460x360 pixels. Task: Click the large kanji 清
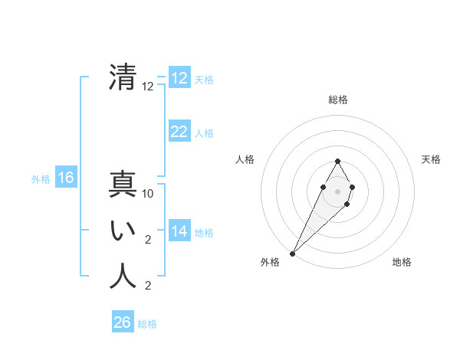[123, 78]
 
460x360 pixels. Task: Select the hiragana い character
[123, 231]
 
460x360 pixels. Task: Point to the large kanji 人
[123, 276]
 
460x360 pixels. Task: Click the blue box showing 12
[179, 78]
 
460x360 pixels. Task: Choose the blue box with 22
[179, 132]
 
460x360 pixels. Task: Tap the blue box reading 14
[179, 231]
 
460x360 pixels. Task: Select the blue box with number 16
[66, 178]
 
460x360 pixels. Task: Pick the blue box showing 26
[122, 322]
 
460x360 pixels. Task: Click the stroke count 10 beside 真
[149, 194]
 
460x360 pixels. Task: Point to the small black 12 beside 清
[148, 87]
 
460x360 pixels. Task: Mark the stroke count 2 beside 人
[148, 286]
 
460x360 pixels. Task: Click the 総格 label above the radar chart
[338, 100]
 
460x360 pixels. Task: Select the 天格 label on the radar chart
[431, 159]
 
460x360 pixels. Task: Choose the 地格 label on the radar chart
[402, 262]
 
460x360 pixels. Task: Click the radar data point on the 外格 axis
[293, 253]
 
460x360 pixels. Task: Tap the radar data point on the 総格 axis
[338, 161]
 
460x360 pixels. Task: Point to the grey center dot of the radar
[338, 191]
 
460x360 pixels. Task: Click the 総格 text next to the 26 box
[148, 323]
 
